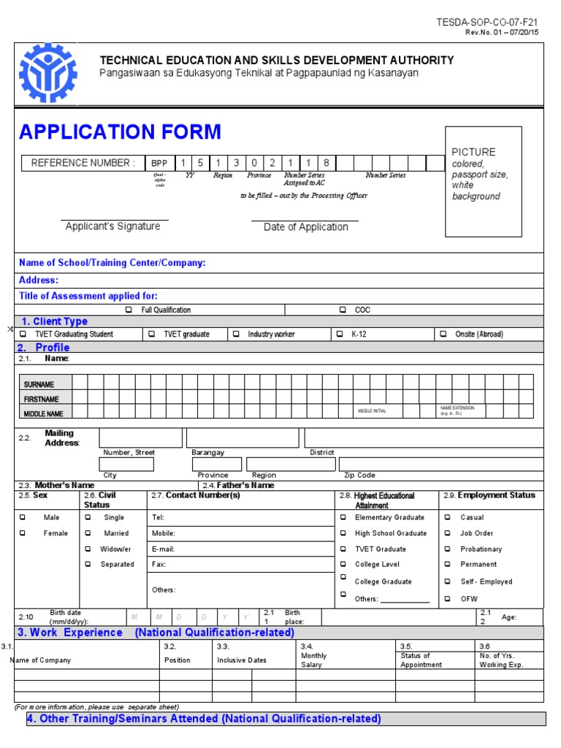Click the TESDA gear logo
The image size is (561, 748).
(x=47, y=74)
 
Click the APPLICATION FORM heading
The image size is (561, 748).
(x=120, y=132)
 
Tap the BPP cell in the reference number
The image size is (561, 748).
(x=159, y=163)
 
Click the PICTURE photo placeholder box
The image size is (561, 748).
(x=484, y=181)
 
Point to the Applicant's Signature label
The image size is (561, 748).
(x=112, y=226)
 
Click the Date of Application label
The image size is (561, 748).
(x=305, y=227)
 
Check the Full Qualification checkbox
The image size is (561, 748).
(x=129, y=310)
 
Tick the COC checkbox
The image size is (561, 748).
(x=343, y=310)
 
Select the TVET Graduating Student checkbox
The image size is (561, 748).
(x=23, y=334)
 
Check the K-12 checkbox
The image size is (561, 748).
(x=340, y=334)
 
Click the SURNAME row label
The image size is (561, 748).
(x=39, y=384)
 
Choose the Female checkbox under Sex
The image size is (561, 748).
(x=23, y=533)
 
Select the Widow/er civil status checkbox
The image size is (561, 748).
(x=88, y=549)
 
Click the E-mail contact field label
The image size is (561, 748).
(x=164, y=549)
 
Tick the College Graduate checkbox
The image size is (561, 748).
(x=343, y=576)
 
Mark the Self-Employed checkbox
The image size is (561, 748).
(x=448, y=581)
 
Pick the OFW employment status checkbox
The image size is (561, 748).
(x=448, y=599)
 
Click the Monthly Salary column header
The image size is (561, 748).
(x=314, y=660)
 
